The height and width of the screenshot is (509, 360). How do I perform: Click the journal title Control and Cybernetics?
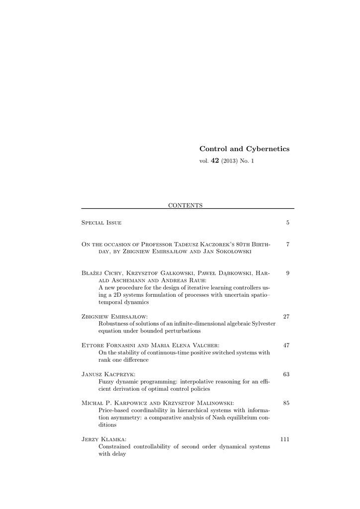coord(244,149)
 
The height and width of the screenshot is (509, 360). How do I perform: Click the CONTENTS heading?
coord(185,205)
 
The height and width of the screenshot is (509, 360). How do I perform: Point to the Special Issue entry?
coord(101,223)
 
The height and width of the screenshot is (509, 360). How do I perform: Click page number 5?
coord(287,223)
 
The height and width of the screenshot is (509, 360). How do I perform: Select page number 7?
coord(287,244)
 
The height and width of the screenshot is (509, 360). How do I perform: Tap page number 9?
coord(287,273)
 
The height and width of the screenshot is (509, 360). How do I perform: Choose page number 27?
coord(286,316)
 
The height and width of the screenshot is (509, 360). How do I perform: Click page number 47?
coord(286,345)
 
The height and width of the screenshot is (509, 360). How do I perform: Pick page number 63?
coord(286,374)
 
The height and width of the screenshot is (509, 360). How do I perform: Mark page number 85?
coord(286,403)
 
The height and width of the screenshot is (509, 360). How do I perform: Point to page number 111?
coord(285,439)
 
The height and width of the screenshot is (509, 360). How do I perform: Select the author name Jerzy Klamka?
coord(103,439)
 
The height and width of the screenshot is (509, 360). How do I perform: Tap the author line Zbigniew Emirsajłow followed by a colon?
coord(114,316)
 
